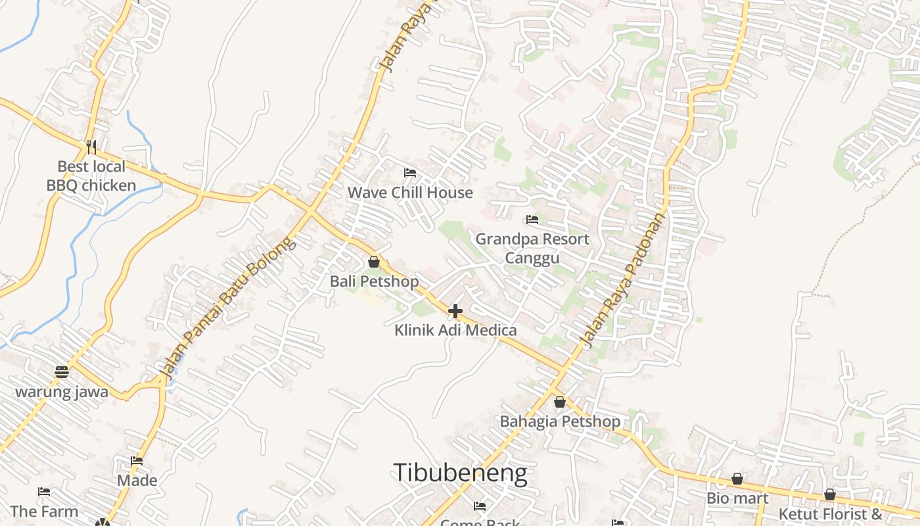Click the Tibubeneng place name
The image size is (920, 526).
[460, 473]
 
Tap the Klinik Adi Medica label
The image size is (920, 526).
[455, 330]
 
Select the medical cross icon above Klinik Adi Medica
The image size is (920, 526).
[455, 310]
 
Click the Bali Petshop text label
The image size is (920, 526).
[374, 281]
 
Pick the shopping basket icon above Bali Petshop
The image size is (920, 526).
[374, 262]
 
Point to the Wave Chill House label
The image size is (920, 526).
[410, 193]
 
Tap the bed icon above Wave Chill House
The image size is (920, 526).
[410, 173]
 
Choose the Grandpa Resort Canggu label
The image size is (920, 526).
[532, 248]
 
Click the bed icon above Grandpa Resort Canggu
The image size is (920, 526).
[532, 220]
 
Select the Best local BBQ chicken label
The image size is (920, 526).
[91, 176]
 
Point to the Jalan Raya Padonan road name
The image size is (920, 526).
[624, 279]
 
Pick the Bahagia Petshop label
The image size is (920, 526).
[560, 421]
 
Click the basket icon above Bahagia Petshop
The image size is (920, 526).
[560, 402]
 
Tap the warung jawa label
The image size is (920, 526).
[62, 392]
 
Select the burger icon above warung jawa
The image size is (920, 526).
[62, 372]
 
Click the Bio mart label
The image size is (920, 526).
[737, 498]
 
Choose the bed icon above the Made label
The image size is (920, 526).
[137, 461]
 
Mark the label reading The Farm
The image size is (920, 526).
[44, 512]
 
